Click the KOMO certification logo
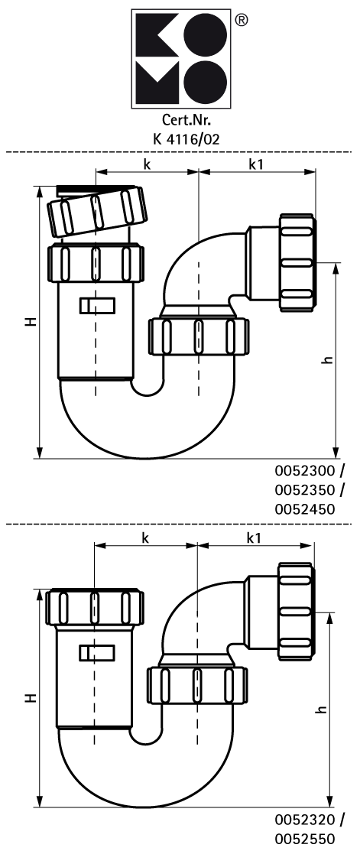[182, 59]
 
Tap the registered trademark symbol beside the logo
[242, 20]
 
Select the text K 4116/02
[186, 138]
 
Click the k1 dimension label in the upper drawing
[256, 164]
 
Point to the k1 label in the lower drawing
[254, 538]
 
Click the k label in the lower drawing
[144, 538]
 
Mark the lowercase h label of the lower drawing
[323, 709]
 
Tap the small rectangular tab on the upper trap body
[98, 306]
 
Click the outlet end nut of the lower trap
[296, 611]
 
